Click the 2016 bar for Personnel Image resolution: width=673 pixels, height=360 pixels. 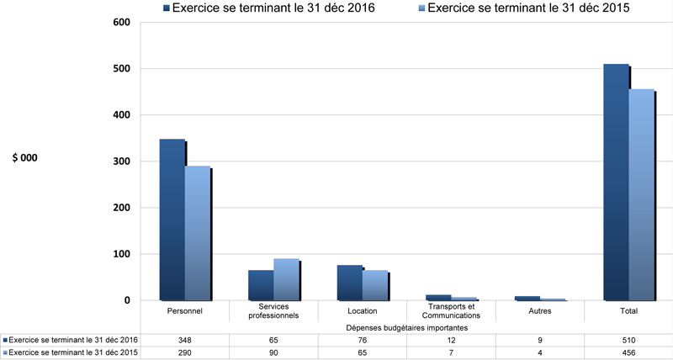[172, 219]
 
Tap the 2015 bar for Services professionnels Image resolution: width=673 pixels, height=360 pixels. [286, 279]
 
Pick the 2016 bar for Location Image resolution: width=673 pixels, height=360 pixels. [349, 283]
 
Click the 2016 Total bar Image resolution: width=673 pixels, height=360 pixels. [616, 182]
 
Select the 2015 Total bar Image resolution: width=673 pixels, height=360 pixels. [641, 194]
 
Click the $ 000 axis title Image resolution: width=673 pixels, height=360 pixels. [25, 157]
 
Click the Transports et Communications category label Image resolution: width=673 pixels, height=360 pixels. [451, 311]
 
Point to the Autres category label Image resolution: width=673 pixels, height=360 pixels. [539, 311]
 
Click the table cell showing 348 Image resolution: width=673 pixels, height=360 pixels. [186, 340]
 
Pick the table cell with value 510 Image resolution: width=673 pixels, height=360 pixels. [628, 340]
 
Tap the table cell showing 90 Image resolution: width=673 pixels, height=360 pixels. [274, 352]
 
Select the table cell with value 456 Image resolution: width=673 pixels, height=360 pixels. [628, 352]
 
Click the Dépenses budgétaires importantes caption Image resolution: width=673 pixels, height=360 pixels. [406, 328]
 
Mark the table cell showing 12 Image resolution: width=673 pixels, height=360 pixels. [451, 340]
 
